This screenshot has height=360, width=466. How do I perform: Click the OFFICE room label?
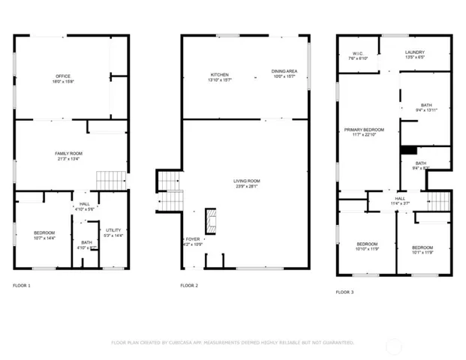[62, 76]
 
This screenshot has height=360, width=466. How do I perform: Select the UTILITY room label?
[113, 230]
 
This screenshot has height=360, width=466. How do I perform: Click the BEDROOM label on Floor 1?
[44, 233]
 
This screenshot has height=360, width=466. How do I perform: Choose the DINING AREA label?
[284, 72]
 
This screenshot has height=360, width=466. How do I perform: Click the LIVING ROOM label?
[246, 180]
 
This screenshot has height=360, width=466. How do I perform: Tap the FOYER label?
[193, 239]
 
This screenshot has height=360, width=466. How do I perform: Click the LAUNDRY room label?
[415, 52]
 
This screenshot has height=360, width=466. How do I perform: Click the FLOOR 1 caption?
[23, 286]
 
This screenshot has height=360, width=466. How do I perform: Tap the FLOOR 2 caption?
[189, 286]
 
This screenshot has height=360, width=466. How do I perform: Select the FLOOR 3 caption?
[344, 291]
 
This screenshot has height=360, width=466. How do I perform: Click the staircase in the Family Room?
[110, 180]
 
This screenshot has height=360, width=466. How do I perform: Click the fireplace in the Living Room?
[212, 220]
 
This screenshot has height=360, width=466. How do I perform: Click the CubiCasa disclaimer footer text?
[233, 342]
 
